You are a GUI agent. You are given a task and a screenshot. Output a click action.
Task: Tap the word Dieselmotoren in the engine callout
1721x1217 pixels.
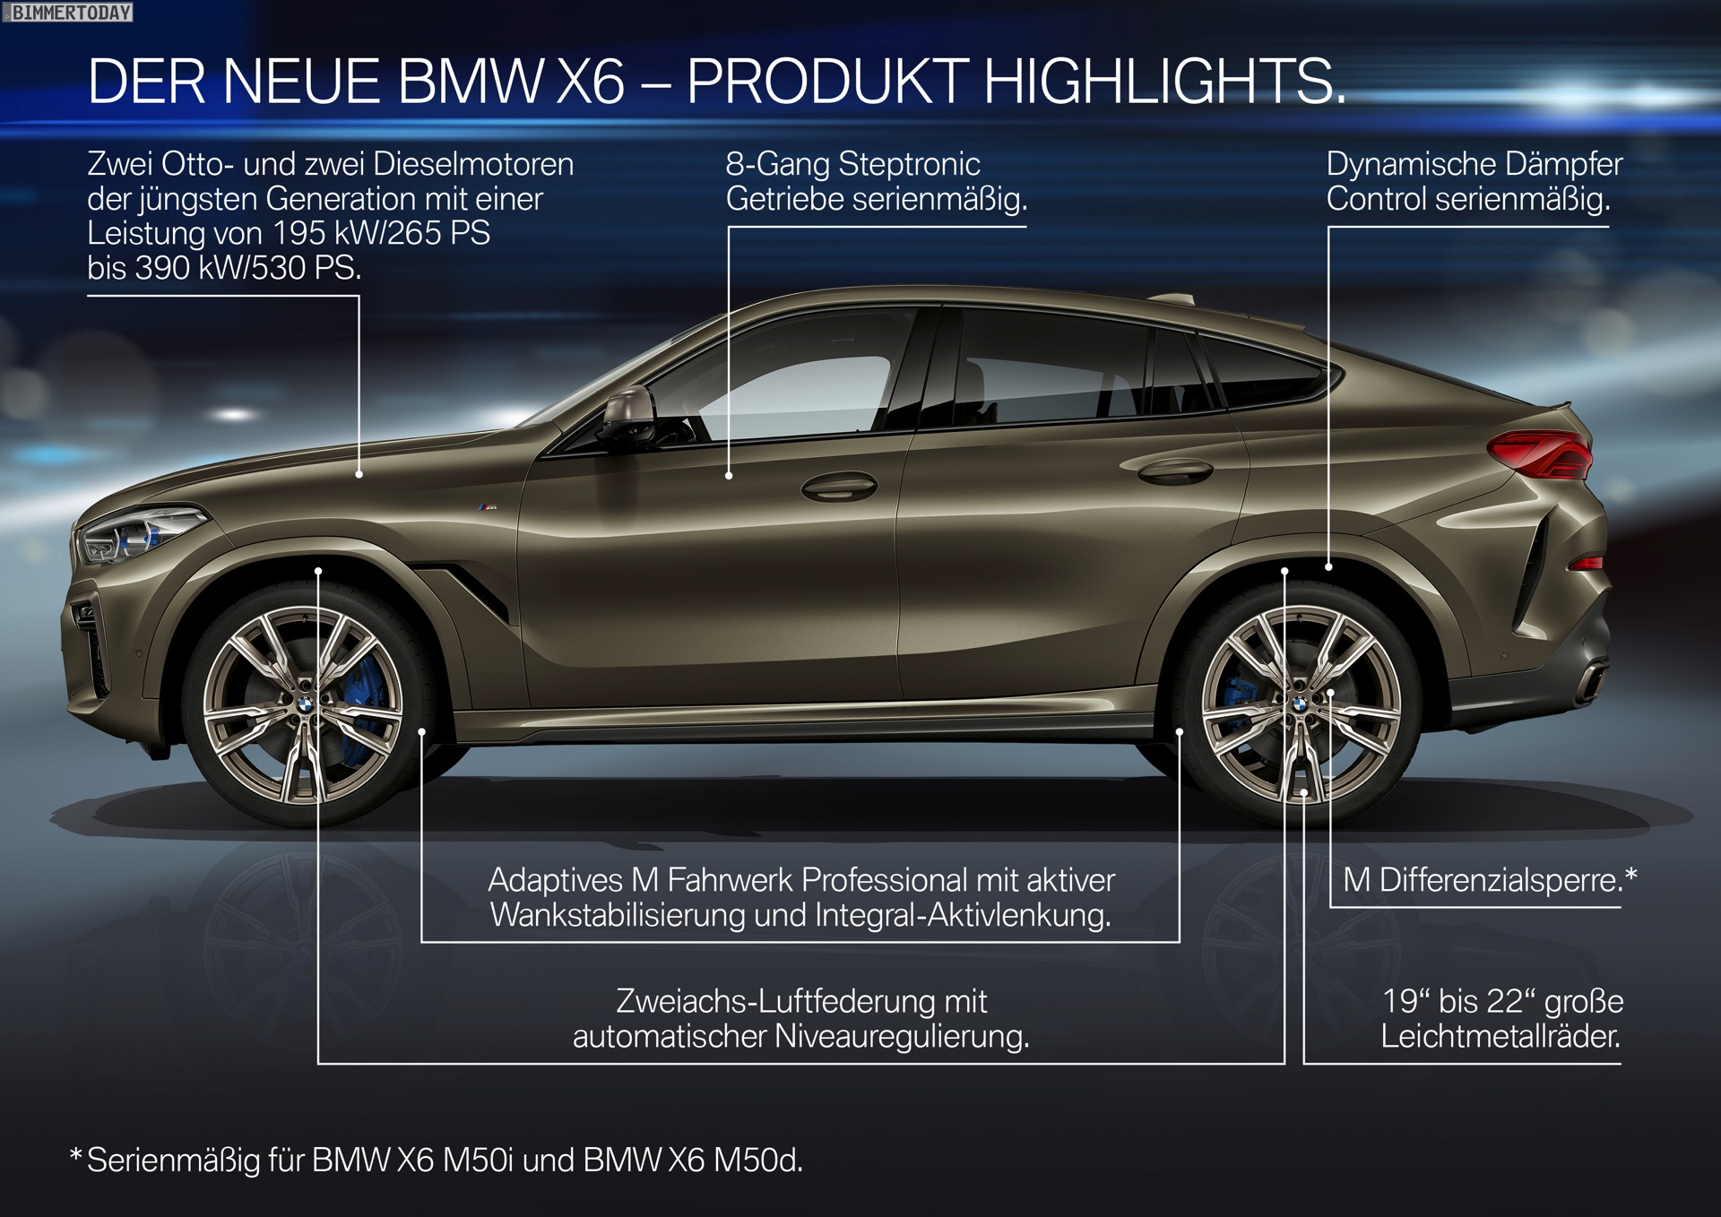(473, 164)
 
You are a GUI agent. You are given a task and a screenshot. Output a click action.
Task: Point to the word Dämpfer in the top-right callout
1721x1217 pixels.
(1563, 164)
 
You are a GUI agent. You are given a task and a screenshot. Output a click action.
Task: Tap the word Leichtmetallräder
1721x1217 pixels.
(1500, 1037)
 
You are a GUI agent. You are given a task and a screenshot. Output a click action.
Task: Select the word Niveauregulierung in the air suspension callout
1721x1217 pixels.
(901, 1037)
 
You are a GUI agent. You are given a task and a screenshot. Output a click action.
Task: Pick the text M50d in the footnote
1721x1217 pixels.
(757, 1161)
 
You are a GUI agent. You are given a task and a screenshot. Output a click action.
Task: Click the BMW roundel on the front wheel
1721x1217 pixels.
(304, 706)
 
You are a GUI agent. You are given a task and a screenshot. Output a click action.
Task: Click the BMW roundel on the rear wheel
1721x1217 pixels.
(1300, 705)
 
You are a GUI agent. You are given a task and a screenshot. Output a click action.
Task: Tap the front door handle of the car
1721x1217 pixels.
(839, 487)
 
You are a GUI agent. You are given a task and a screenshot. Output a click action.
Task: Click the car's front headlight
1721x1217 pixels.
(139, 533)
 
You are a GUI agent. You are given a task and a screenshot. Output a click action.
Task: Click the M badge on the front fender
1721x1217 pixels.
(487, 508)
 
